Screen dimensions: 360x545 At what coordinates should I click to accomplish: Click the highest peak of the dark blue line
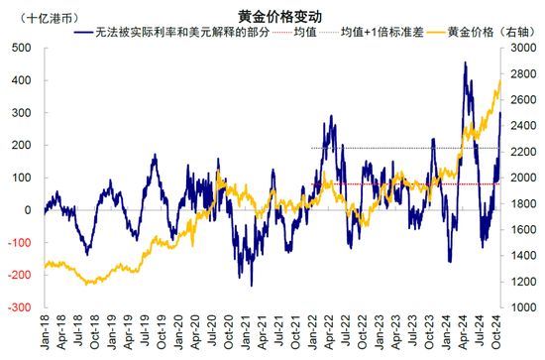[x=465, y=62]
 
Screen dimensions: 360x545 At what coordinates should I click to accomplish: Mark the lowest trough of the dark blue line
[x=252, y=286]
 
